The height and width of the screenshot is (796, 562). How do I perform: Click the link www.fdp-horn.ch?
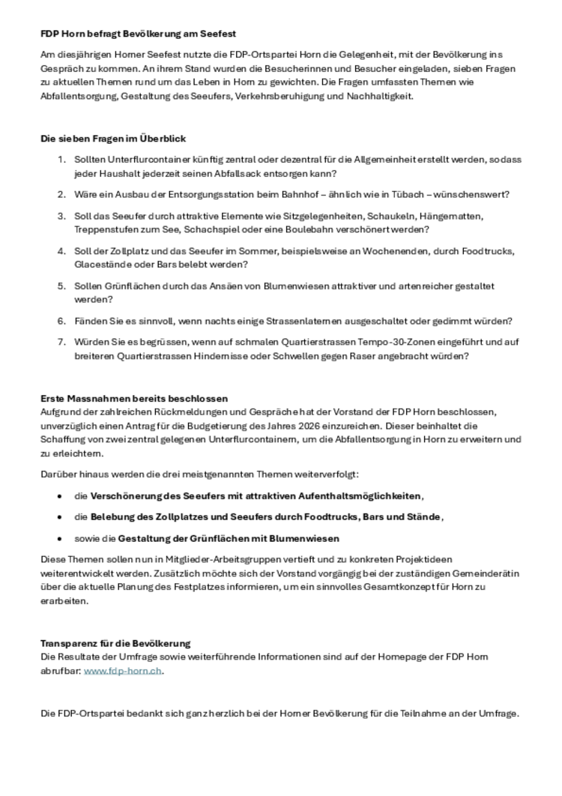[x=123, y=671]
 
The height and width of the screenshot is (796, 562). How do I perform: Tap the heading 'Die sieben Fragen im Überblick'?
[x=113, y=139]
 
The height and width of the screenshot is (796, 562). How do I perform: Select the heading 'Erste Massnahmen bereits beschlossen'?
[x=134, y=398]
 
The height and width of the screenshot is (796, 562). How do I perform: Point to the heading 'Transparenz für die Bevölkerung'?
[x=115, y=643]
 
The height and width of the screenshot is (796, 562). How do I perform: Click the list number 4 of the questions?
[x=61, y=251]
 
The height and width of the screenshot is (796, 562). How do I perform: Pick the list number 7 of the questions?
[x=61, y=343]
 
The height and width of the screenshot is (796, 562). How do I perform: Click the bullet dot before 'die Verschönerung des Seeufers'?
[x=60, y=497]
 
